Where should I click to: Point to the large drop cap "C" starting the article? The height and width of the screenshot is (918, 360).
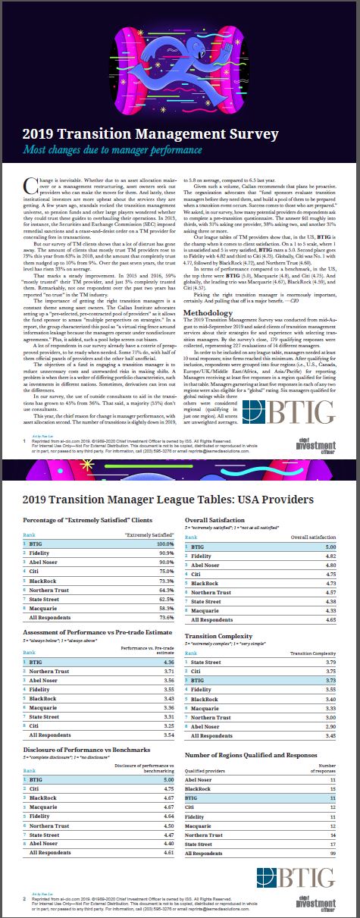tap(30, 181)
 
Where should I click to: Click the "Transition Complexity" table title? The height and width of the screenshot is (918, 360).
tap(224, 637)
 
